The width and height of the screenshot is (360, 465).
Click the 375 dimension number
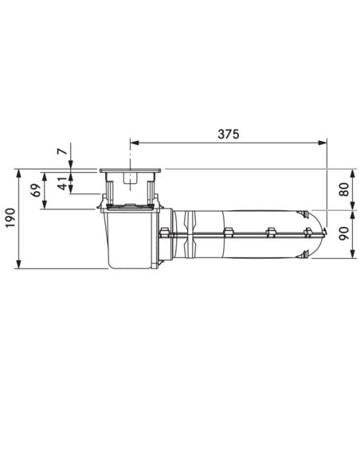click(x=228, y=135)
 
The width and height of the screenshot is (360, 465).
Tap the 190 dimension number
click(x=10, y=218)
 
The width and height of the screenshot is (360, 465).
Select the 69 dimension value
click(x=36, y=190)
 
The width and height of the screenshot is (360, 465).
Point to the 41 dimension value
click(x=62, y=183)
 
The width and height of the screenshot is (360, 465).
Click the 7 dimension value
click(x=62, y=151)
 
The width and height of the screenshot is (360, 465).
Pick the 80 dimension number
click(x=344, y=190)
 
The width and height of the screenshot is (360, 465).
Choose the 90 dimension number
click(x=344, y=233)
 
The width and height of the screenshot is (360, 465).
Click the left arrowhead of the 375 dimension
click(x=135, y=143)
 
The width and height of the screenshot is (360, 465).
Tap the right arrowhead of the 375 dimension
click(x=323, y=143)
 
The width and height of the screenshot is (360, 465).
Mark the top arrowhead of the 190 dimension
click(x=18, y=174)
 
